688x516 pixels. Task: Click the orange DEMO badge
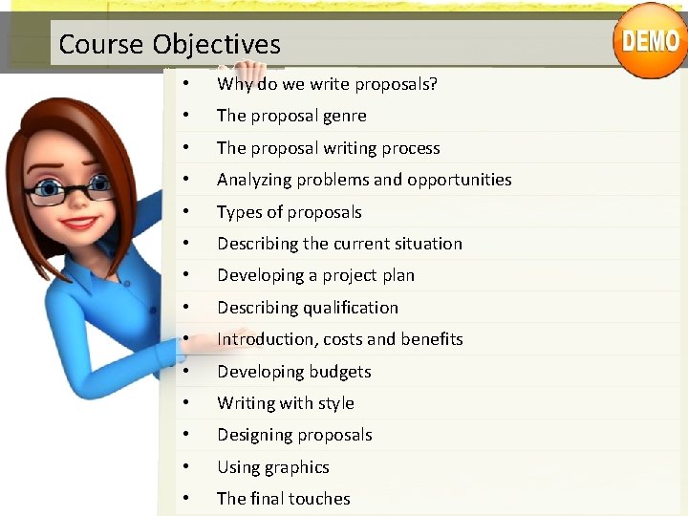pos(650,40)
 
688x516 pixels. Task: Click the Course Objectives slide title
pos(170,44)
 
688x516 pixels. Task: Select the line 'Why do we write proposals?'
pos(327,84)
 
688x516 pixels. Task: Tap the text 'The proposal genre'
pos(291,116)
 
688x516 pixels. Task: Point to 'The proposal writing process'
pos(328,148)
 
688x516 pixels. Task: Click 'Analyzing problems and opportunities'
pos(364,180)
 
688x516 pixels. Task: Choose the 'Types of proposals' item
pos(289,212)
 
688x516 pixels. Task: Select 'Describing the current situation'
pos(339,244)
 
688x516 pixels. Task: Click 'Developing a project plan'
pos(315,275)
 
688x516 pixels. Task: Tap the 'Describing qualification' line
pos(307,308)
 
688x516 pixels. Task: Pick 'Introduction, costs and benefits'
pos(339,339)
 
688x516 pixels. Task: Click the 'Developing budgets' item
pos(293,372)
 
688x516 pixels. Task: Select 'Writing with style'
pos(285,403)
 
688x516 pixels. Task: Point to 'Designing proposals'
pos(294,435)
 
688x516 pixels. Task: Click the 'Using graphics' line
pos(272,467)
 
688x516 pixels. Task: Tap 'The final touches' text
pos(283,499)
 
